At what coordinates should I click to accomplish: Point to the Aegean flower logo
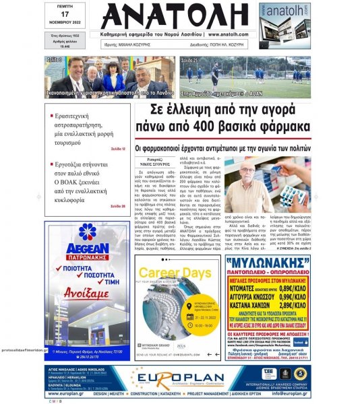coord(86,232)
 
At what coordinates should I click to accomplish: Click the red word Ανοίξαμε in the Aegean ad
coord(86,294)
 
